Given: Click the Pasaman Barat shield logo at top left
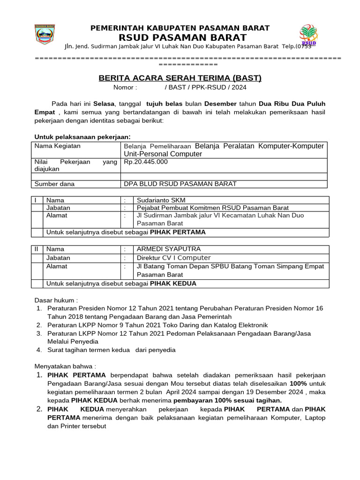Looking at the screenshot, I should tap(45, 35).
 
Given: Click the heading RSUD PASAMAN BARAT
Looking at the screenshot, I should tap(180, 37).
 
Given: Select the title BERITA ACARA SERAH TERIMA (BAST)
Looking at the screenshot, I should tap(180, 78).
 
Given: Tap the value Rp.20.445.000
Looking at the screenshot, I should tap(146, 162).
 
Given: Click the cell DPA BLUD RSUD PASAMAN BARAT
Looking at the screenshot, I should tap(180, 184).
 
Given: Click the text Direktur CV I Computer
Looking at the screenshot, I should tap(173, 258).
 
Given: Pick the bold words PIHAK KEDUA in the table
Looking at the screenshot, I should tap(173, 284).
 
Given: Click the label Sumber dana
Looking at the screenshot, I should tap(54, 184).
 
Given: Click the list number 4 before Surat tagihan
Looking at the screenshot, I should tap(39, 350).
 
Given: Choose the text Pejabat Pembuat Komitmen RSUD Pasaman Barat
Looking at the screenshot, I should tap(212, 208).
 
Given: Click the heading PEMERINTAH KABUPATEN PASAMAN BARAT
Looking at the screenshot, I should tap(180, 28).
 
